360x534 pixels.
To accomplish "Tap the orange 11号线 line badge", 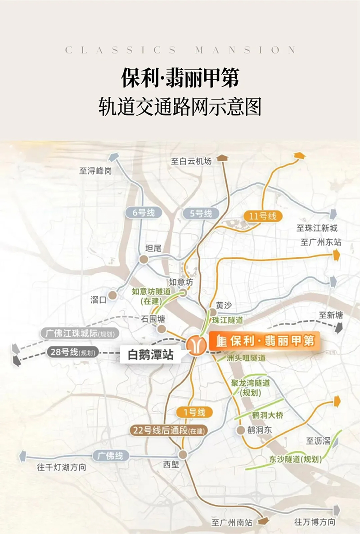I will point(262,216).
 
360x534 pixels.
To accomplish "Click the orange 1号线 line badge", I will point(193,412).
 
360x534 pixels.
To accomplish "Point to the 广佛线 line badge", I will point(111,456).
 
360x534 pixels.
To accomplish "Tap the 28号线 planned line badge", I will point(72,352).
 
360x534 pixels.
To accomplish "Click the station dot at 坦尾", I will point(144,259).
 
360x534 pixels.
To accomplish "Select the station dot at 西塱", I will point(182,454).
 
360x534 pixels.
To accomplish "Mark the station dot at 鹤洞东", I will point(241,430).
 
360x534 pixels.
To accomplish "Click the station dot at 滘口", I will point(112,295).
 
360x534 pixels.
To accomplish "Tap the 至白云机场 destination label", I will point(191,161).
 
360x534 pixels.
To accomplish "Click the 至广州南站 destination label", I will point(232,522).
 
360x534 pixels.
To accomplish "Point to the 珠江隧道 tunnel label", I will point(228,320).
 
